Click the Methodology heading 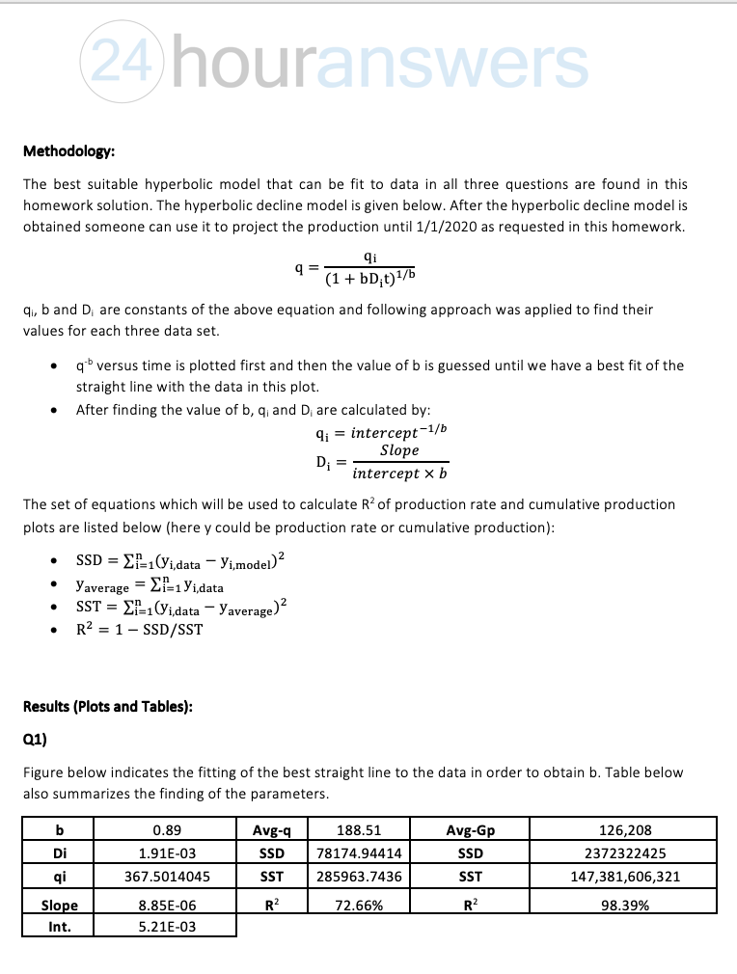tap(69, 151)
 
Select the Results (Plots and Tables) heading tap(107, 706)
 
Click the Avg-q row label tap(272, 829)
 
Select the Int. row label tap(60, 927)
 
